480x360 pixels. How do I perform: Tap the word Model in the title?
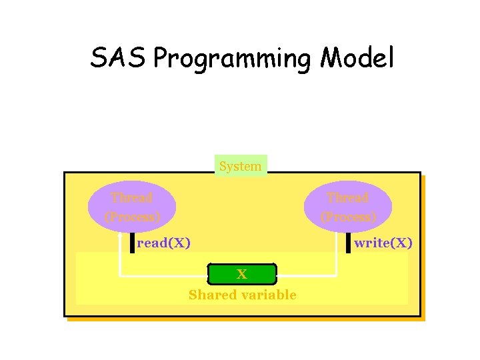[x=357, y=59]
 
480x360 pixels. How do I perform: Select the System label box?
[x=240, y=166]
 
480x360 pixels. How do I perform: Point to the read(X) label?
[x=163, y=243]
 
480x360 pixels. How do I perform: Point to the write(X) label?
[x=383, y=243]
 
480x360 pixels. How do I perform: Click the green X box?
[x=242, y=274]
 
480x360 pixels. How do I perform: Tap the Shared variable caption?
[x=242, y=295]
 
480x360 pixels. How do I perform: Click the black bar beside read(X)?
[x=133, y=243]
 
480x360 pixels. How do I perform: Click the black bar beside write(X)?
[x=348, y=243]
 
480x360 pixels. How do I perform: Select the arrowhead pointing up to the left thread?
[x=119, y=235]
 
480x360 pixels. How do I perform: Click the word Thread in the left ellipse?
[x=132, y=197]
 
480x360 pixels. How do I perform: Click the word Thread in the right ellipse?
[x=348, y=197]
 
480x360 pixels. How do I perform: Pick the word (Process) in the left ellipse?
[x=132, y=217]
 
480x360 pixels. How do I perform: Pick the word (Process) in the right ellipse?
[x=348, y=217]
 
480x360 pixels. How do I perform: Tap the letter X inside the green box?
[x=242, y=274]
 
